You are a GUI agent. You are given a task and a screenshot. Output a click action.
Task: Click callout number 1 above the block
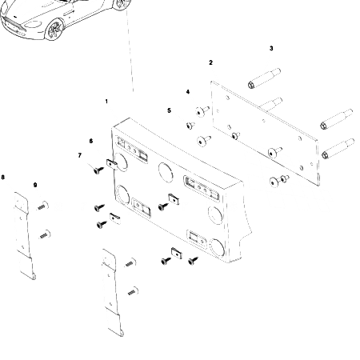(x=106, y=102)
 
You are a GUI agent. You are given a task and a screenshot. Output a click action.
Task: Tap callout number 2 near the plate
(x=210, y=62)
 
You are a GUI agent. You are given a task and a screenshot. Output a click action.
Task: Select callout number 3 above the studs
(x=271, y=49)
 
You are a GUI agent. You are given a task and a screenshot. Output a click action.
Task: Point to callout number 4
(x=188, y=92)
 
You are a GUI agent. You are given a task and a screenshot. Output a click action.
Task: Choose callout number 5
(x=169, y=110)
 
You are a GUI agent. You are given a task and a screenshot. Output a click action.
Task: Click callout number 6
(x=90, y=141)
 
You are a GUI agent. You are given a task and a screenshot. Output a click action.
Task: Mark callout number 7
(x=79, y=155)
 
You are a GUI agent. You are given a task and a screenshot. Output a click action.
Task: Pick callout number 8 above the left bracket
(x=3, y=177)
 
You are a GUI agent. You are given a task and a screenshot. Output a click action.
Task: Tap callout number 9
(x=35, y=185)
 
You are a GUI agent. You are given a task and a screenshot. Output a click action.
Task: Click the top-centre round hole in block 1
(x=166, y=170)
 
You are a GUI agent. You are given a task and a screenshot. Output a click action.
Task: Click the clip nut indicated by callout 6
(x=112, y=163)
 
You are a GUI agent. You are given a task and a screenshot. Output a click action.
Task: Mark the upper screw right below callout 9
(x=42, y=206)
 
